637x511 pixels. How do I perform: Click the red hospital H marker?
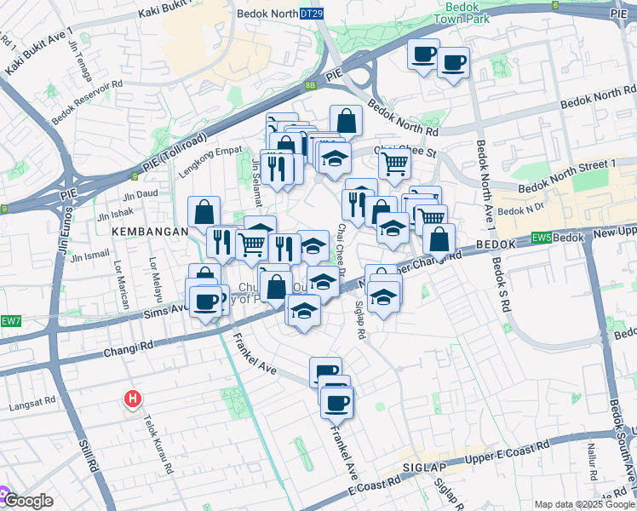click(133, 398)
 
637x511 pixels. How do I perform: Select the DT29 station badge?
click(312, 14)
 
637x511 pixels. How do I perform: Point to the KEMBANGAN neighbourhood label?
click(141, 231)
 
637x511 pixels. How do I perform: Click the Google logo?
click(27, 501)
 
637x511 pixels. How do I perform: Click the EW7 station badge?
click(9, 320)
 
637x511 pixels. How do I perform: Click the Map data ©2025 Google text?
click(582, 504)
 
